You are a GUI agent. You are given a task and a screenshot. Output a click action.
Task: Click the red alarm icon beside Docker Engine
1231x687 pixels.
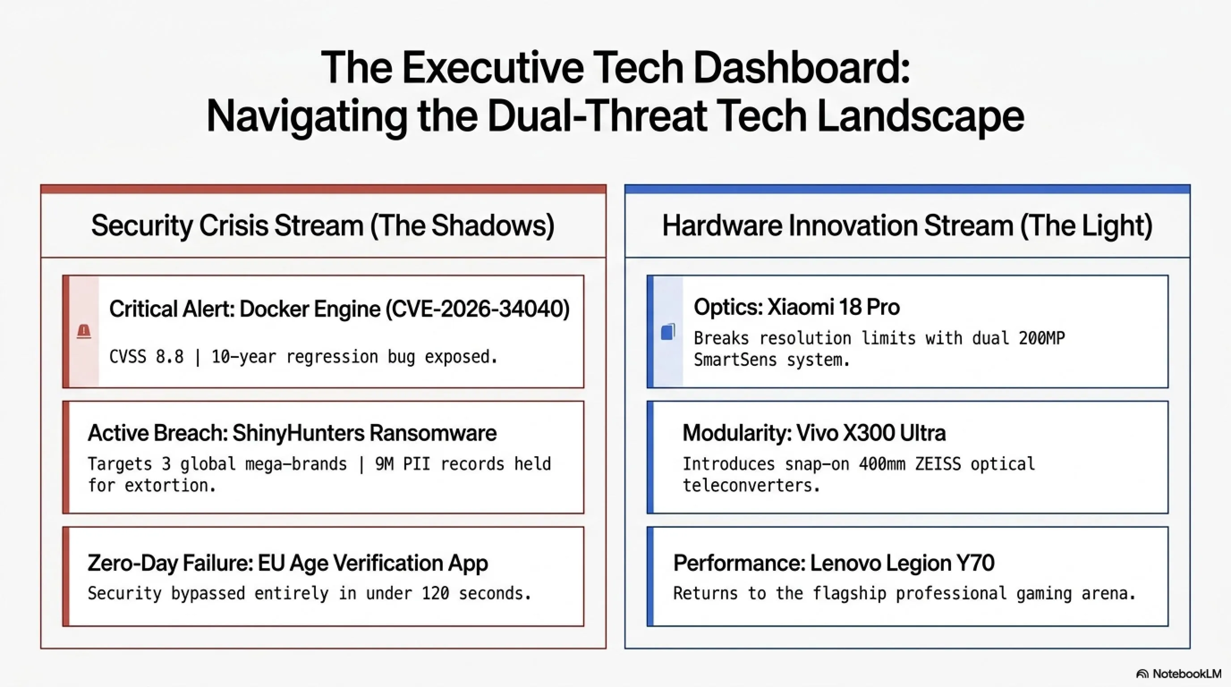84,331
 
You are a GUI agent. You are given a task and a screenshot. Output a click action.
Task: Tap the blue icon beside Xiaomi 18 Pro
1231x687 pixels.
668,331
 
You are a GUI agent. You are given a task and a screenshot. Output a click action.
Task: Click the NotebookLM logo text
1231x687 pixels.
1187,674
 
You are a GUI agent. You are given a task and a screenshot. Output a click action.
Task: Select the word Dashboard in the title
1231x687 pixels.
802,68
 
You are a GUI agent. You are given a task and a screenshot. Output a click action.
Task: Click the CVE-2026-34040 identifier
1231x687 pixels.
477,309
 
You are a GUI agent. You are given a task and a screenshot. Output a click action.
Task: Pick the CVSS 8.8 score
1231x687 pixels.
146,357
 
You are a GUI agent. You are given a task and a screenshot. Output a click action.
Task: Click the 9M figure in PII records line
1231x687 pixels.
384,464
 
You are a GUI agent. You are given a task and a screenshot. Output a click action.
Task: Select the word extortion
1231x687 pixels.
170,485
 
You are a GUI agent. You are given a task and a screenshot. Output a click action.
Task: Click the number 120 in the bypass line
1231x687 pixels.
435,594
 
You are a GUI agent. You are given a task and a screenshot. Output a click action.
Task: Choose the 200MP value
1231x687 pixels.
1042,338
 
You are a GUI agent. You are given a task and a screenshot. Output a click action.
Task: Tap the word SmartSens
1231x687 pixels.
735,360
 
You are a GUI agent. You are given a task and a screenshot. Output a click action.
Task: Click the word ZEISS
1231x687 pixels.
938,464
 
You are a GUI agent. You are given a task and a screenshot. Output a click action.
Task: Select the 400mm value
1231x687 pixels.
882,464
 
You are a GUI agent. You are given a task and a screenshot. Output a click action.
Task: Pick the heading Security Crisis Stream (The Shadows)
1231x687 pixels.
323,225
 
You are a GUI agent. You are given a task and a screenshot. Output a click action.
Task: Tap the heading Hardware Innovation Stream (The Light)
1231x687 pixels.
908,225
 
